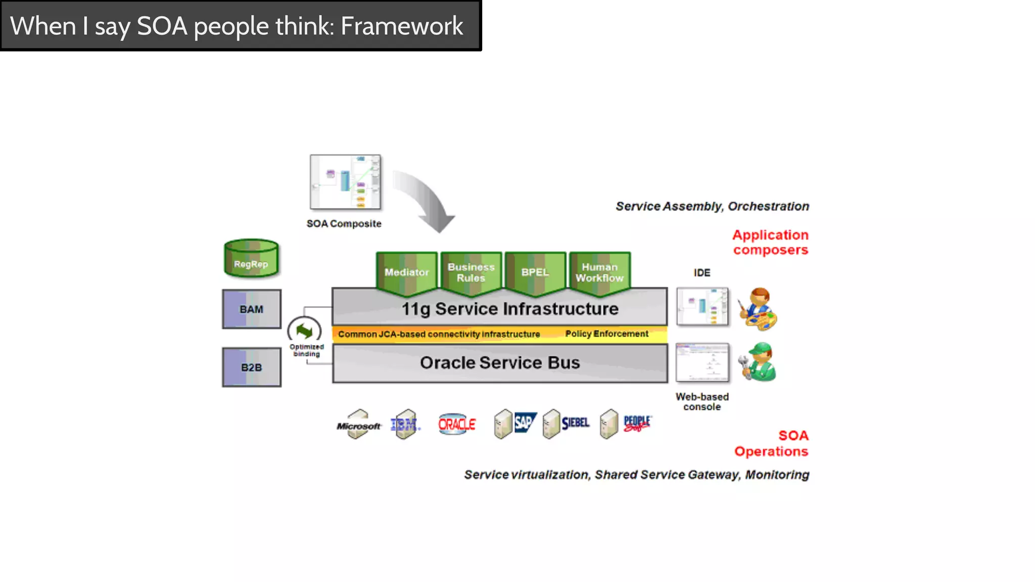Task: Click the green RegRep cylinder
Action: coord(251,259)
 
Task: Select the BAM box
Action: coord(252,309)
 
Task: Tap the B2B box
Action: coord(252,367)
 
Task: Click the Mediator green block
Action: coord(407,273)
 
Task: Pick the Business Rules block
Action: coord(471,273)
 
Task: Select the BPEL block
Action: coord(535,273)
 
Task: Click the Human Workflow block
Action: coord(599,273)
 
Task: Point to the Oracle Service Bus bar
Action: coord(500,363)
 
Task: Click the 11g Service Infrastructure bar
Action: coord(500,308)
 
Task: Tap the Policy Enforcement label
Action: coord(606,334)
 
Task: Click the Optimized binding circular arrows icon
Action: coord(304,331)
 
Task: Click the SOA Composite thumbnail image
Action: coord(345,182)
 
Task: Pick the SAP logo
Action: coord(524,422)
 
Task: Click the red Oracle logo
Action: coord(457,424)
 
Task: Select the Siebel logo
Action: coord(575,422)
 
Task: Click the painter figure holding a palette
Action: coord(758,309)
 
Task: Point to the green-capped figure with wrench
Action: coord(758,362)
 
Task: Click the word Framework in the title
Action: coord(402,26)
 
